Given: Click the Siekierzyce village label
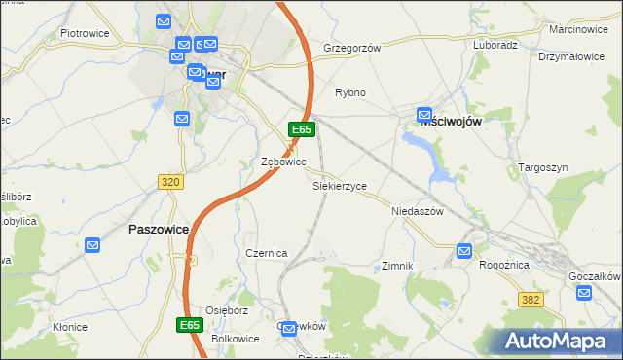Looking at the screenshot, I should coord(339,185).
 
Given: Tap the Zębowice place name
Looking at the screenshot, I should coord(284,162).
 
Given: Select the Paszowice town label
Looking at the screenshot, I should coord(159,230).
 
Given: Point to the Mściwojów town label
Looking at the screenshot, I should coord(452,123).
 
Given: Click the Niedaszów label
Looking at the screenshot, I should coord(417,211).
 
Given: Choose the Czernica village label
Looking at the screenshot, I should coord(266,253).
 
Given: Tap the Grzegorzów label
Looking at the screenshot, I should coord(351,47).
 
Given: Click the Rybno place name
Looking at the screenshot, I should coord(349,92).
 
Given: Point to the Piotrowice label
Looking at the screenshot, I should coord(85,32).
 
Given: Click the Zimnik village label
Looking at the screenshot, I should coord(398,266).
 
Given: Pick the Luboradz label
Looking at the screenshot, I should coord(495,45).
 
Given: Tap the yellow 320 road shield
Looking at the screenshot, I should coord(170,182).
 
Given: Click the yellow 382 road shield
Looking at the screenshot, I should coord(531,302).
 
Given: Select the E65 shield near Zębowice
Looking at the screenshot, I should coord(301,129).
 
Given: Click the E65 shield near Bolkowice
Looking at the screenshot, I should coord(191,324).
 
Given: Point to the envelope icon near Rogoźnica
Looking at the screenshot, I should coord(464,251).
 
